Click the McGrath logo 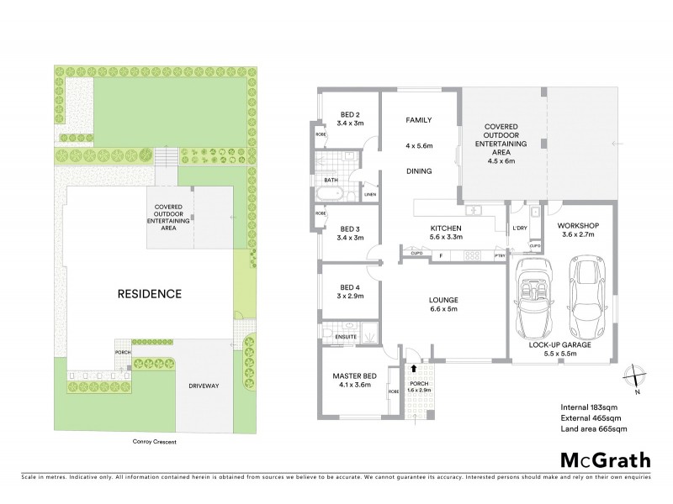click(606, 459)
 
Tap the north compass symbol click(635, 377)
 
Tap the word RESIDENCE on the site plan click(149, 294)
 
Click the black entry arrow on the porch click(412, 369)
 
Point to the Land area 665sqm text click(594, 429)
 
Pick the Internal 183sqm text click(589, 407)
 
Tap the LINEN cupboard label click(370, 196)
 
